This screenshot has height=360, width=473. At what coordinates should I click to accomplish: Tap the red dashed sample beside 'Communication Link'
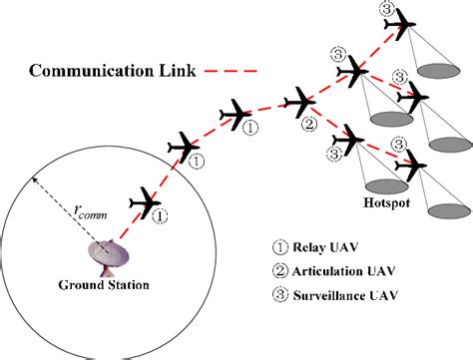tap(229, 71)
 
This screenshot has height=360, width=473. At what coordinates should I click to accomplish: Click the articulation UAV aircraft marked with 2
tap(300, 101)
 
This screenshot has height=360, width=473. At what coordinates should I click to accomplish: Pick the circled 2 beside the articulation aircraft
tap(309, 124)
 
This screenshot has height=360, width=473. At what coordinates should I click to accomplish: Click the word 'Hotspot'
tap(384, 207)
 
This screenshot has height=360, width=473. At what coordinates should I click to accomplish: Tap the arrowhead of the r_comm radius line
tap(33, 178)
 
